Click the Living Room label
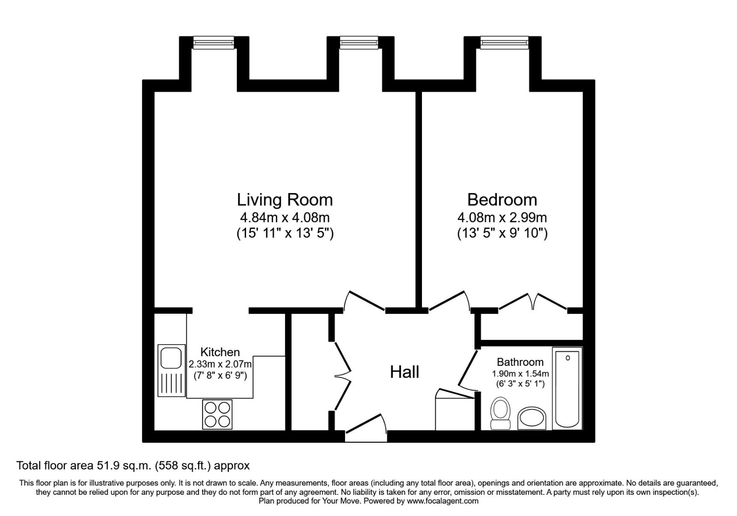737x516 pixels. coord(285,199)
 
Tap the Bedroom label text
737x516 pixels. coord(502,199)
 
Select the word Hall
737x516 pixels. coord(404,372)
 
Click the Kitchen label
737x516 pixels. coord(220,352)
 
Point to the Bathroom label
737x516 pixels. coord(520,362)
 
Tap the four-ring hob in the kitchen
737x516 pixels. coord(217,414)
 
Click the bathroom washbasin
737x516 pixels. coord(532,418)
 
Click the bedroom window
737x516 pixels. coord(503,43)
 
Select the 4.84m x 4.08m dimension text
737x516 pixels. coord(285,217)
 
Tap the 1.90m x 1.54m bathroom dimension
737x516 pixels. coord(520,374)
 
